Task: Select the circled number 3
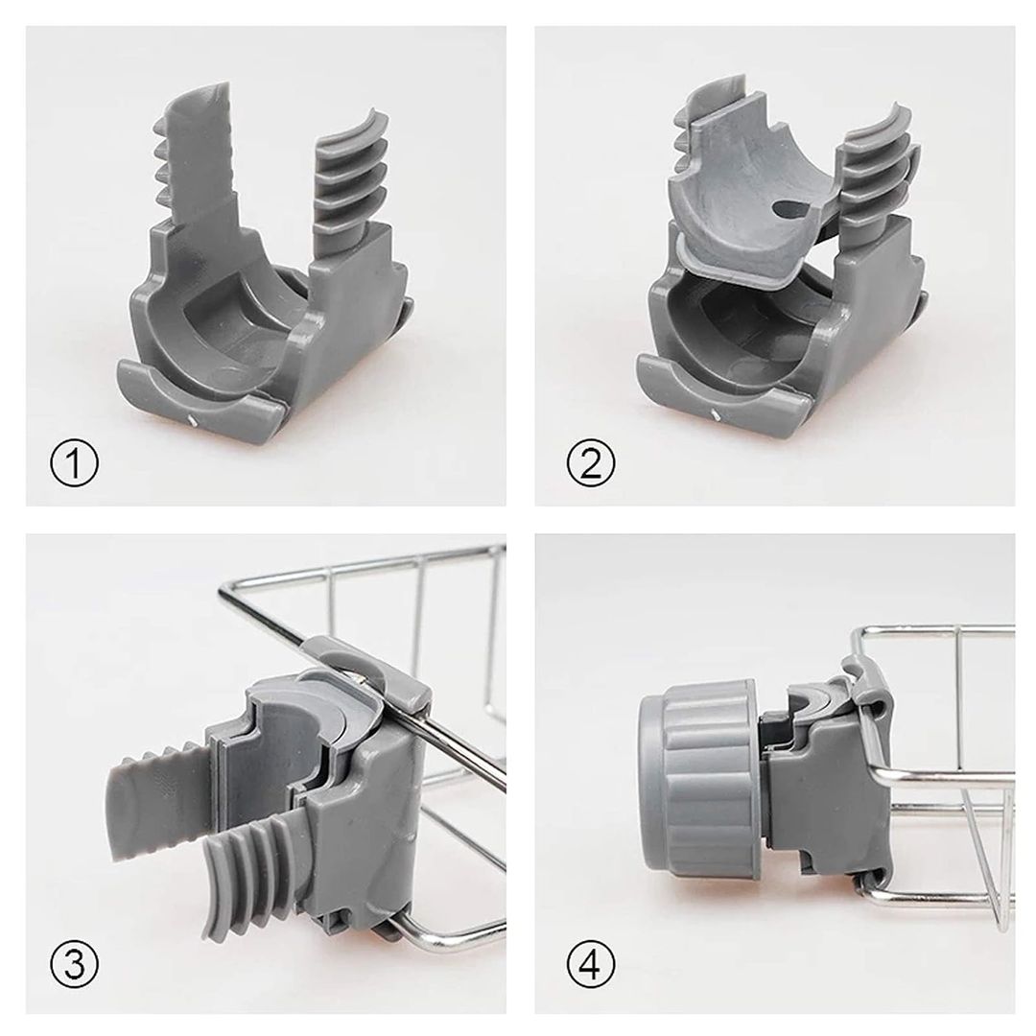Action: click(74, 964)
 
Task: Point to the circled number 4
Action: click(591, 964)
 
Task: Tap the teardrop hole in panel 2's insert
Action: click(790, 209)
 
